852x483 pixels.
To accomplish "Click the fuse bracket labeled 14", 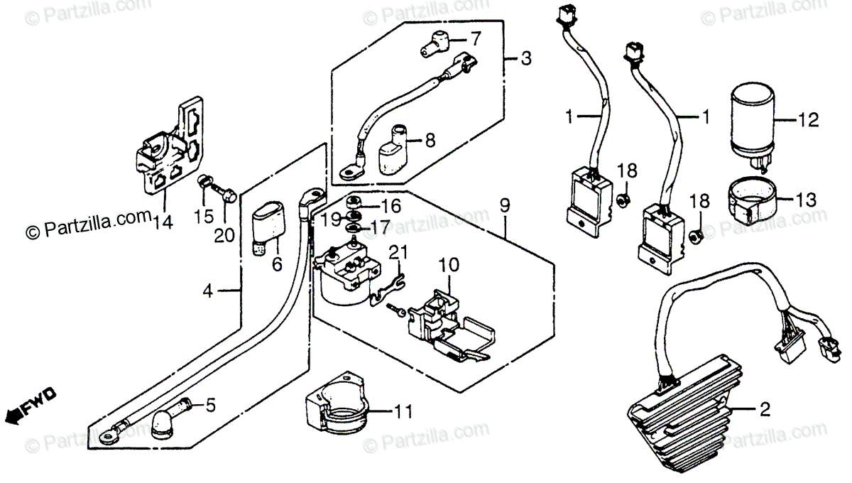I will click(x=170, y=149).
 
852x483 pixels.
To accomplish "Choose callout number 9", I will click(x=503, y=207).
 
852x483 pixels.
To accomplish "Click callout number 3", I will click(x=525, y=60).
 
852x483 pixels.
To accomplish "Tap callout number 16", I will click(x=391, y=206).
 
